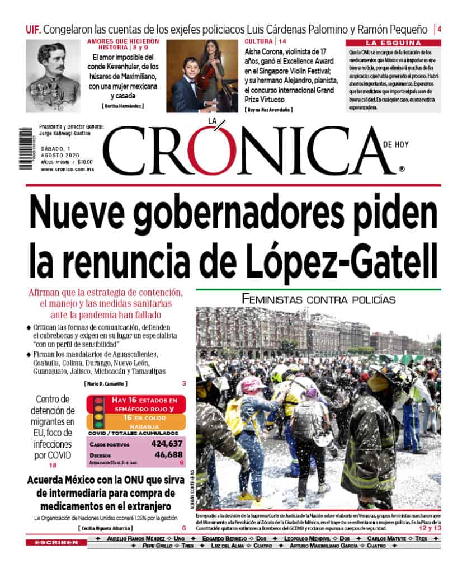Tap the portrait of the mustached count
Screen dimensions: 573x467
(52, 69)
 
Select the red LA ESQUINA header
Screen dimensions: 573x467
(393, 43)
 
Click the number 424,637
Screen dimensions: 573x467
(167, 444)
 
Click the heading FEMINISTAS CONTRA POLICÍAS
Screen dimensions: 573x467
(318, 299)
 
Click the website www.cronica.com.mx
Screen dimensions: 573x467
(67, 168)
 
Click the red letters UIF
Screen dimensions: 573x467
(33, 29)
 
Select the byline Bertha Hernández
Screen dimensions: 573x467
(123, 106)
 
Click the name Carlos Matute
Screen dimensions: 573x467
(383, 538)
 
